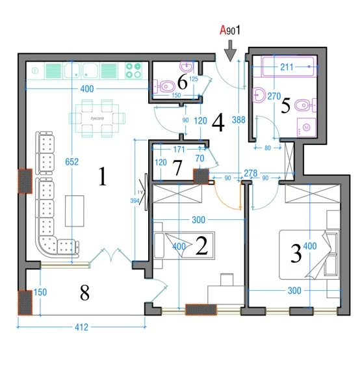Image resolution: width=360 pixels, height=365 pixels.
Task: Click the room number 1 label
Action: pyautogui.click(x=101, y=178)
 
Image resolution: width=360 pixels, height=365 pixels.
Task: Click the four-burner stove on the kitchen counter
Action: pyautogui.click(x=133, y=70)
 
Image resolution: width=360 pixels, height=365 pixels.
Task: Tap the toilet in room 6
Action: pyautogui.click(x=162, y=85)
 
